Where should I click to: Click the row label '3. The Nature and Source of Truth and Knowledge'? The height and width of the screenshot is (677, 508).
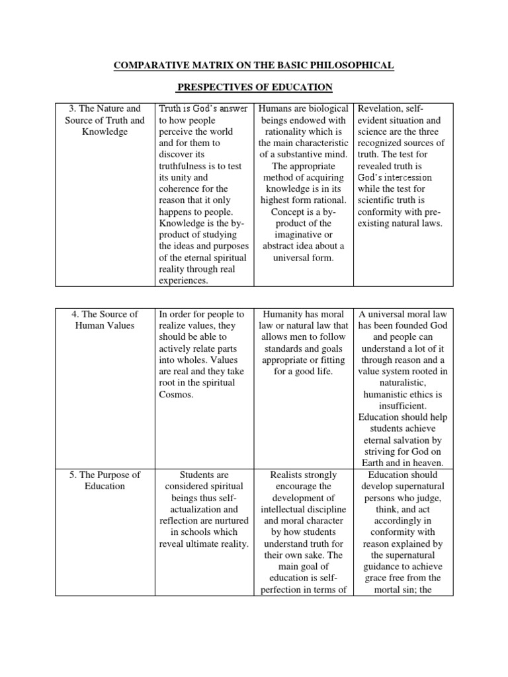tap(105, 120)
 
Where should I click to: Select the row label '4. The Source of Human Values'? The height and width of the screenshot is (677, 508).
tap(105, 319)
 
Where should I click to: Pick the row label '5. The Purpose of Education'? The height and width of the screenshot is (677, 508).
tap(105, 480)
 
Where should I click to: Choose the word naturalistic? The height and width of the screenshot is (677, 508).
tap(402, 382)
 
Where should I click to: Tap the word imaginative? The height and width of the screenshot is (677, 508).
tap(304, 235)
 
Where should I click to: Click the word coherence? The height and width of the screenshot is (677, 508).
tap(183, 188)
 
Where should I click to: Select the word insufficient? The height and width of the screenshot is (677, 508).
tap(402, 405)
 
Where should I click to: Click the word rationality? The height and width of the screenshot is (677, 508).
tap(285, 131)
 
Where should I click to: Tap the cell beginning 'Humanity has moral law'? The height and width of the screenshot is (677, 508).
tap(304, 342)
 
